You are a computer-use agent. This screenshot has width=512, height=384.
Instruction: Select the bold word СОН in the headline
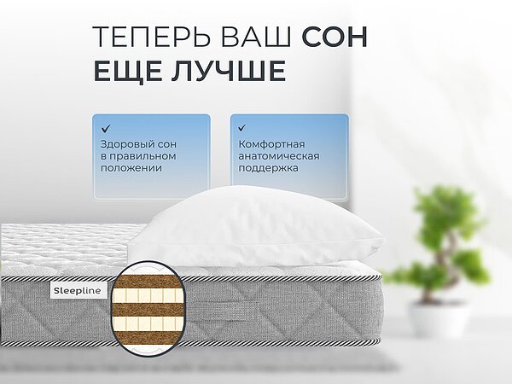(335, 38)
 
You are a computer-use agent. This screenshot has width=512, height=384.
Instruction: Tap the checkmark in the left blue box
(106, 128)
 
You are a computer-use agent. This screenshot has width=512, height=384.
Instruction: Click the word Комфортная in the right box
(271, 143)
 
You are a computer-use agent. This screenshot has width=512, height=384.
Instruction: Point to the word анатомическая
(278, 156)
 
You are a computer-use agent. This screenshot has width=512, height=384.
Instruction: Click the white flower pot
(438, 317)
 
